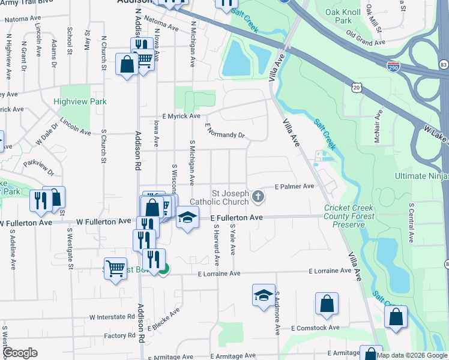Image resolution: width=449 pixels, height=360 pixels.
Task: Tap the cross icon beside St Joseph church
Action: click(x=258, y=196)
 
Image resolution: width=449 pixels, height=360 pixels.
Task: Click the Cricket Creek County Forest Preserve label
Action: click(x=349, y=216)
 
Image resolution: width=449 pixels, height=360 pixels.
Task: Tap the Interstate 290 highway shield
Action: click(x=394, y=65)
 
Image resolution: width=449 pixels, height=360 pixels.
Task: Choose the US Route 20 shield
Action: click(x=357, y=88)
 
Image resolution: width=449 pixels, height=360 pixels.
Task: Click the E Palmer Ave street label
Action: click(x=294, y=187)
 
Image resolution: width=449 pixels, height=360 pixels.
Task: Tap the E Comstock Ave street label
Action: click(x=315, y=328)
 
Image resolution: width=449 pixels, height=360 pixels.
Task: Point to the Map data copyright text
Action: click(x=412, y=355)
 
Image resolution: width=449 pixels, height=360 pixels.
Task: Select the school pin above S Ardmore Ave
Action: click(x=264, y=296)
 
